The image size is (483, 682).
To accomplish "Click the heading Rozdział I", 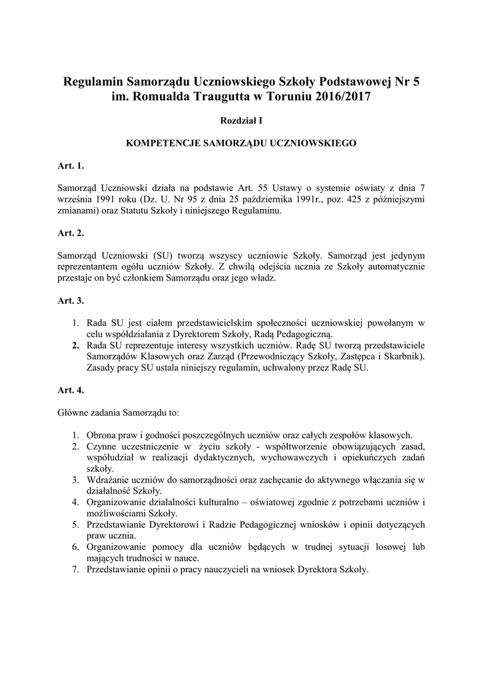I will (241, 121).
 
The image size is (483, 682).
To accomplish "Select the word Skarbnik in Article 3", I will (402, 356).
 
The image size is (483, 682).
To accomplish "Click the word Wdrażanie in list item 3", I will (107, 480).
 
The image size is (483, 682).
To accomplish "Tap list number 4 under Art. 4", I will (75, 502).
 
